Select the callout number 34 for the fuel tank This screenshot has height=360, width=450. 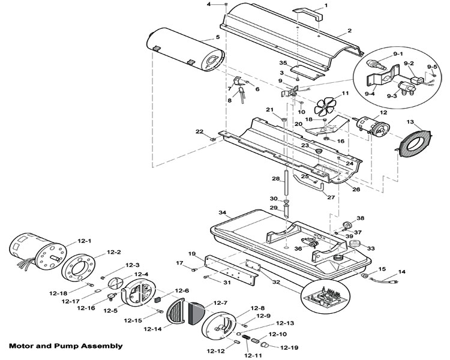tap(223, 213)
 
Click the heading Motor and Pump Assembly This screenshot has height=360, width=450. tap(66, 346)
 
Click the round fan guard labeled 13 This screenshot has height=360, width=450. tap(414, 144)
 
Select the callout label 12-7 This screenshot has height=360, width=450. tap(220, 303)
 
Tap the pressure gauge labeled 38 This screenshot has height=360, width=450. tap(347, 224)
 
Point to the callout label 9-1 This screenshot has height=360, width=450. tap(398, 53)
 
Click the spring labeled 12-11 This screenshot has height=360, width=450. tap(246, 338)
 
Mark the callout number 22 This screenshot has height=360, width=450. tap(199, 131)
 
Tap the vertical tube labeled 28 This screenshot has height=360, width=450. tap(286, 182)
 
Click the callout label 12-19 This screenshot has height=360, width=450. tap(289, 347)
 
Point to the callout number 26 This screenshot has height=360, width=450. tap(356, 190)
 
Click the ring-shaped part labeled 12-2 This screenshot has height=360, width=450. tap(79, 268)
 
